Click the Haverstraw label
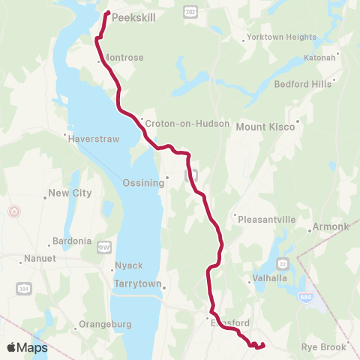point(94,139)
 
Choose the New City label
point(70,193)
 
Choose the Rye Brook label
point(323,347)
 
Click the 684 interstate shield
point(302,297)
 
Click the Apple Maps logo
point(27,347)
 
